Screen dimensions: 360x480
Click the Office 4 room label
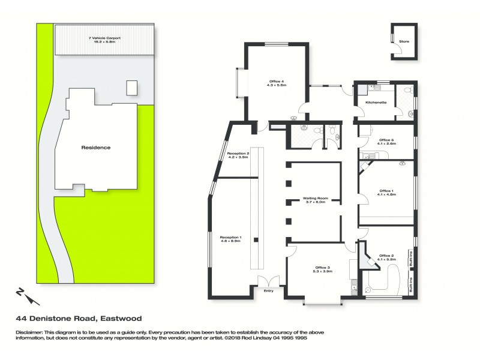point(275,81)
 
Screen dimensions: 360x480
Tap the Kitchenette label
point(376,103)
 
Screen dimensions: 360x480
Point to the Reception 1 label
point(230,238)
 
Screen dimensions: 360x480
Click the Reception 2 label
point(238,154)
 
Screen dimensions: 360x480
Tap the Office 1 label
point(386,191)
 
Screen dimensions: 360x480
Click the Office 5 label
point(386,141)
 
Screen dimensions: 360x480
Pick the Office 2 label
point(386,256)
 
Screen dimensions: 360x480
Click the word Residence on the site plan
point(96,148)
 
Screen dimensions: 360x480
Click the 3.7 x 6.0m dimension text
point(314,202)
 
